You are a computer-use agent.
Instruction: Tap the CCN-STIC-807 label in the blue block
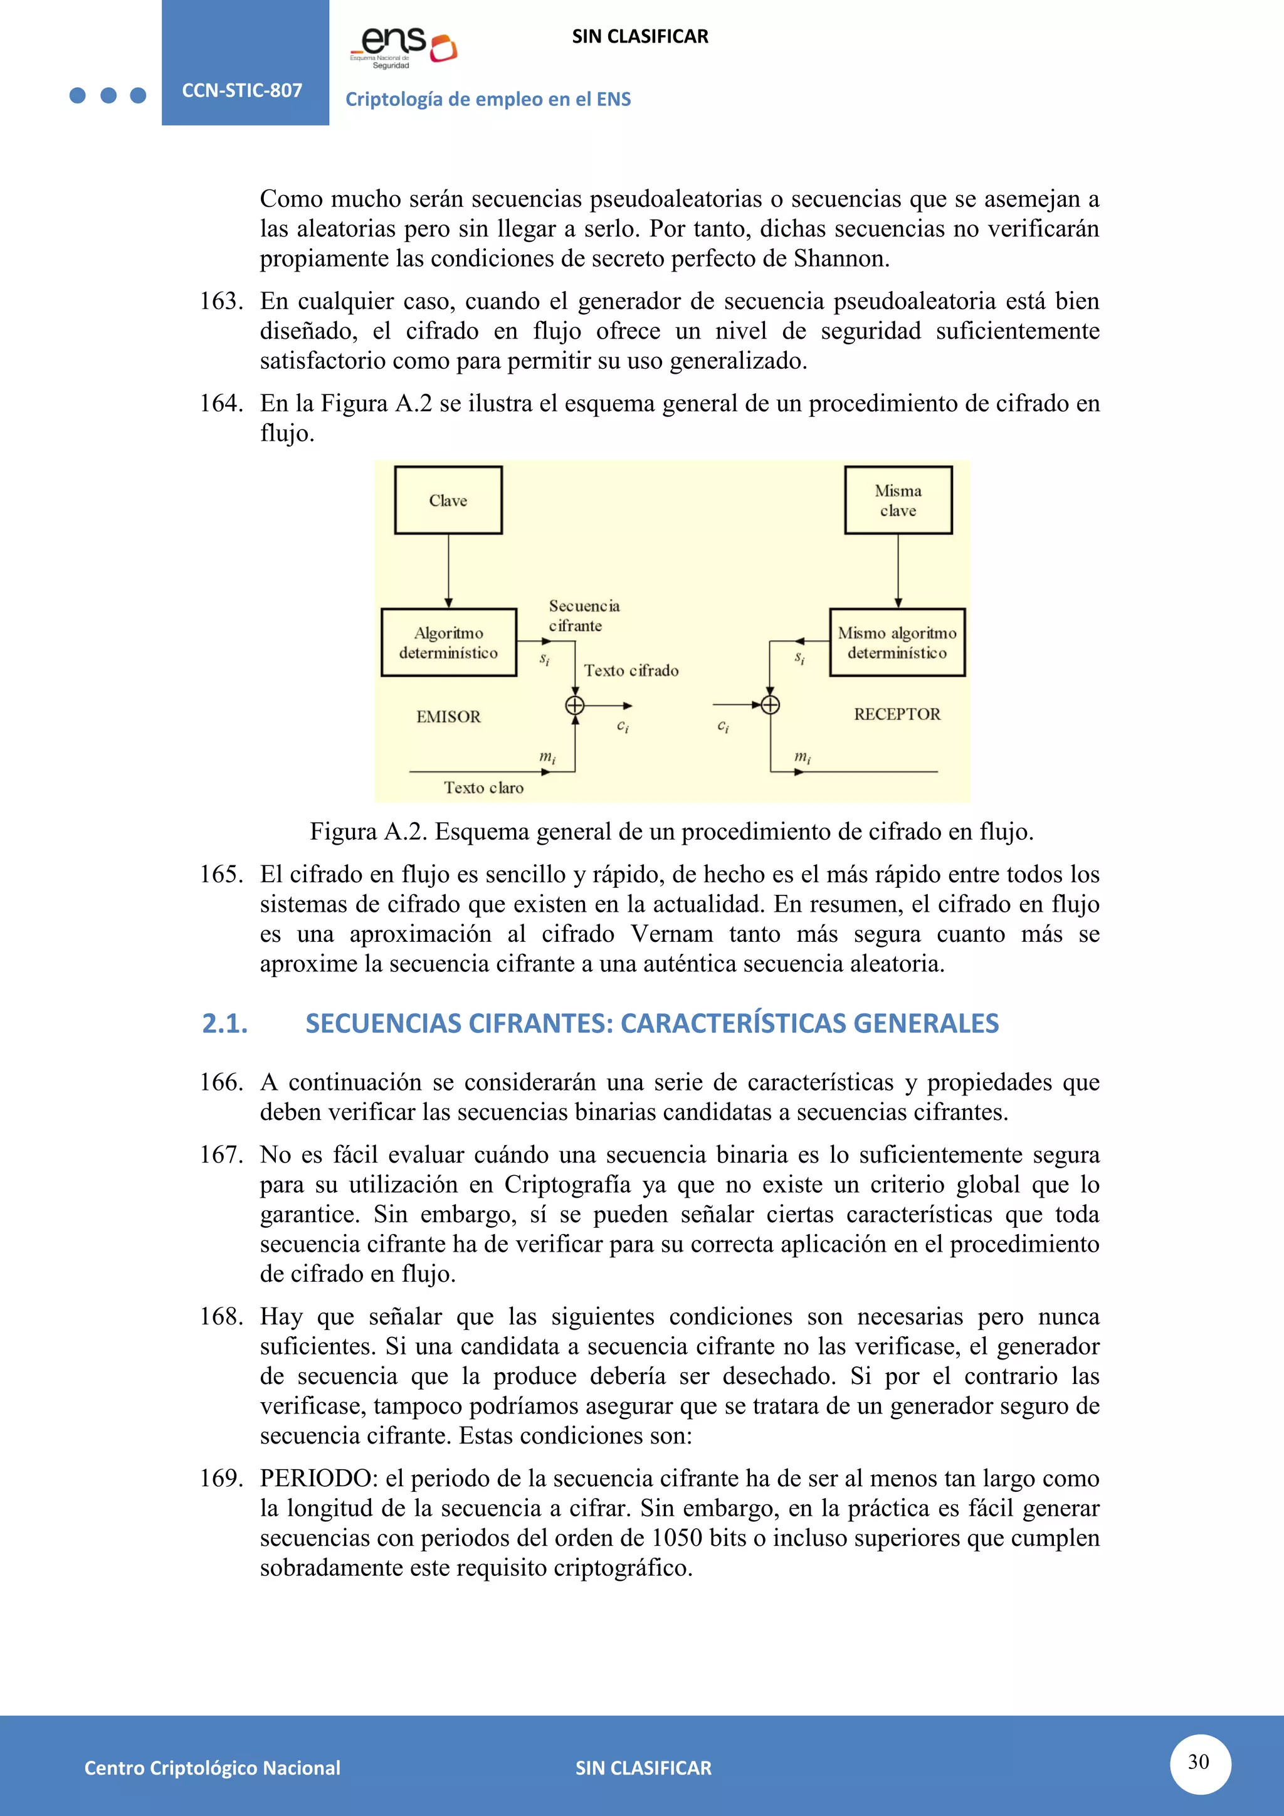(x=242, y=90)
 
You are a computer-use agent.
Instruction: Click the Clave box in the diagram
(x=448, y=500)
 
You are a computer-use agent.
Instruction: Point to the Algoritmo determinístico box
(x=448, y=642)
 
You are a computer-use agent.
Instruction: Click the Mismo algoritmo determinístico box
(x=897, y=642)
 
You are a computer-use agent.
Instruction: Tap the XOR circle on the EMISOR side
(x=575, y=705)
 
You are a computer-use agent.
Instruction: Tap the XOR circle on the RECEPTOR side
(x=770, y=705)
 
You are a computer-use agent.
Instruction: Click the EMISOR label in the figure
(x=448, y=717)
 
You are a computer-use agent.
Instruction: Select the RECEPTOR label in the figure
(x=897, y=714)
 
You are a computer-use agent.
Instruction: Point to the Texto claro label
(x=483, y=788)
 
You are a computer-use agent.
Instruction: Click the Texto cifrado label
(x=631, y=671)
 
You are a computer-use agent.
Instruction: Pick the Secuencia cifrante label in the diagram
(x=584, y=615)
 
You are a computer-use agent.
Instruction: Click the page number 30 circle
(x=1199, y=1762)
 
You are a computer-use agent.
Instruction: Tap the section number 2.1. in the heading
(x=225, y=1023)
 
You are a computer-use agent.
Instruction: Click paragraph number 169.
(x=221, y=1478)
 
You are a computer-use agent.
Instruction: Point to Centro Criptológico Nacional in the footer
(x=212, y=1768)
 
